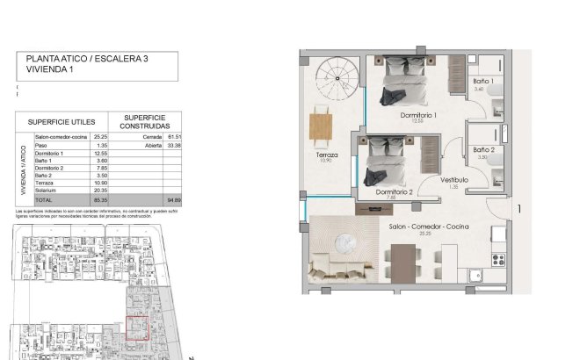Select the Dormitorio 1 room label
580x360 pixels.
[x=418, y=115]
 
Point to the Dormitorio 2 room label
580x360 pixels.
[x=394, y=191]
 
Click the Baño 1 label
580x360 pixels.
[x=483, y=82]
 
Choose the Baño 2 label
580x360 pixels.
[x=483, y=150]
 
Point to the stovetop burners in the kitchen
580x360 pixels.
[x=501, y=257]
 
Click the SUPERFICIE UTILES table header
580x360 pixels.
[x=61, y=121]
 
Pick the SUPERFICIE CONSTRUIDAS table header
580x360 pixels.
[x=144, y=121]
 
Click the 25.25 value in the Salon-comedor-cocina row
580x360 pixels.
[x=100, y=137]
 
